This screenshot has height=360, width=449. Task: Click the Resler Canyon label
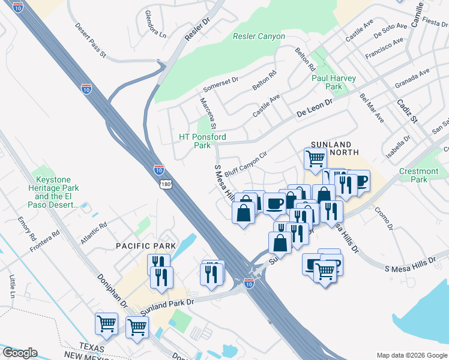(259, 37)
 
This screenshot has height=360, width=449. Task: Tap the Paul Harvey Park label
(334, 82)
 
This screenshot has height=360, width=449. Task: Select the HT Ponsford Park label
(203, 141)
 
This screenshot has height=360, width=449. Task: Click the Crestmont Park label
(422, 175)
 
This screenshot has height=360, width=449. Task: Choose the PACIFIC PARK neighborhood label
(146, 246)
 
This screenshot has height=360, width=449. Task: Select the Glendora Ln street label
(155, 24)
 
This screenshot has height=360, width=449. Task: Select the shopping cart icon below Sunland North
(315, 159)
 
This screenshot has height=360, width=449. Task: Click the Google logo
(19, 353)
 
